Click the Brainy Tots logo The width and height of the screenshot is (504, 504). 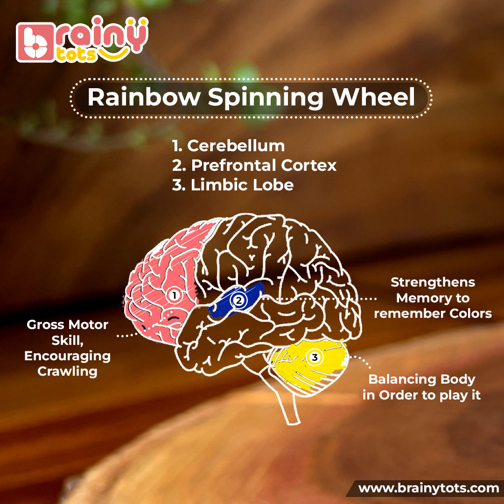(82, 42)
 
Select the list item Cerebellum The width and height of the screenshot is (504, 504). (236, 146)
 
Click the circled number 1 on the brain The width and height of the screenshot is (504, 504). (174, 295)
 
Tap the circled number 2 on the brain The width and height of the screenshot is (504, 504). (238, 301)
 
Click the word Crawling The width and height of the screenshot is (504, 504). (67, 371)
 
